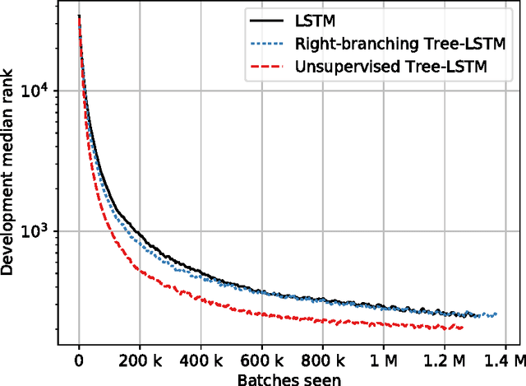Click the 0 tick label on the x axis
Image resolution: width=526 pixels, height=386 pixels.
pos(78,360)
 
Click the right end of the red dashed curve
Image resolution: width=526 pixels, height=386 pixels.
pos(463,328)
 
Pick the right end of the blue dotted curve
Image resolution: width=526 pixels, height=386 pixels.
pos(496,314)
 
